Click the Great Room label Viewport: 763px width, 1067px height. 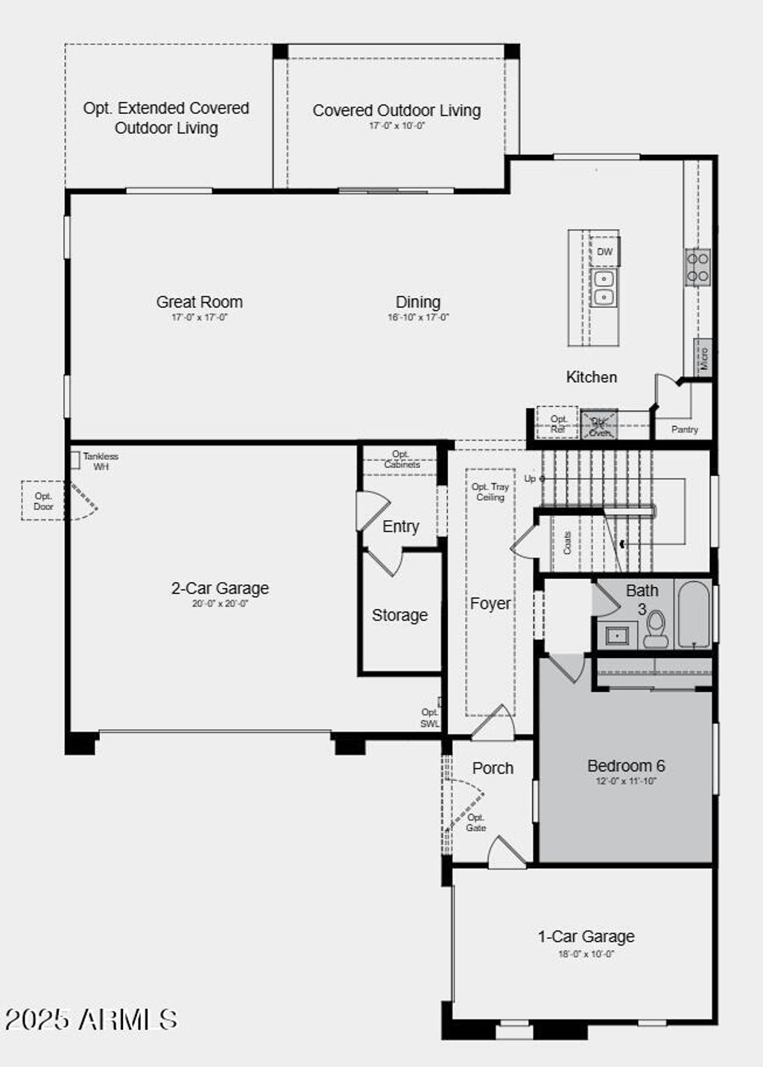[199, 302]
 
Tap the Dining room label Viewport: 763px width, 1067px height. [418, 302]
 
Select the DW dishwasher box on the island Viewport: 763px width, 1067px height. [605, 252]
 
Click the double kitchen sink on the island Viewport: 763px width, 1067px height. [604, 288]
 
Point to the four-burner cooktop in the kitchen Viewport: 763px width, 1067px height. [698, 267]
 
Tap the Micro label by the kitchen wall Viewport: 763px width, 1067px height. [704, 359]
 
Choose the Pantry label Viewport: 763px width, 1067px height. [685, 429]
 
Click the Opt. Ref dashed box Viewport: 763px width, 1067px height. [558, 424]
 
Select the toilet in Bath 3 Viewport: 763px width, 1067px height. [656, 628]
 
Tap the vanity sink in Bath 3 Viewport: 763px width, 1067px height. [617, 636]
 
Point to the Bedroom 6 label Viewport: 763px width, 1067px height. [626, 766]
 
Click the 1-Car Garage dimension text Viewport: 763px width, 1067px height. [586, 954]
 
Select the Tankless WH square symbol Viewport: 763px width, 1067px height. [75, 460]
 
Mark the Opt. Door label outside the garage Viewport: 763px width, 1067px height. [43, 501]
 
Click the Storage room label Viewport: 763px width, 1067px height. [400, 615]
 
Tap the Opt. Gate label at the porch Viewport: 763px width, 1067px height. [476, 823]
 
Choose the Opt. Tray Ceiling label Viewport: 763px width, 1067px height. [490, 492]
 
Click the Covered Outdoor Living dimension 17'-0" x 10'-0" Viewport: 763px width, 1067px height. [396, 126]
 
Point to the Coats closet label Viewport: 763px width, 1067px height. [567, 542]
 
